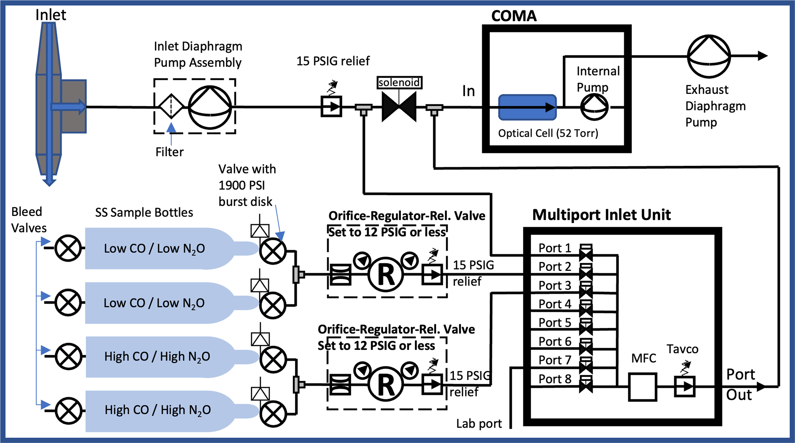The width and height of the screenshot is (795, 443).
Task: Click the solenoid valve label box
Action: click(x=399, y=82)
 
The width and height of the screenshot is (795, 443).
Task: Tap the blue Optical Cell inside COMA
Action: click(x=527, y=107)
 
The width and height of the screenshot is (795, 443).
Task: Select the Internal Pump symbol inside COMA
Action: click(x=594, y=107)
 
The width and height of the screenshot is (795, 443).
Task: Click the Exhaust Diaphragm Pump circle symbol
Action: click(x=708, y=56)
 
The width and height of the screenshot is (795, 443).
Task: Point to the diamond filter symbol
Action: click(x=171, y=107)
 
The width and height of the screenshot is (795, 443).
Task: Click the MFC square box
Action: click(x=642, y=386)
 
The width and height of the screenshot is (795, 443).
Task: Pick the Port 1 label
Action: click(x=555, y=248)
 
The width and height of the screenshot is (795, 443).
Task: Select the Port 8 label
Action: click(x=555, y=379)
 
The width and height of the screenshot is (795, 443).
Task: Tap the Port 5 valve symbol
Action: click(x=586, y=326)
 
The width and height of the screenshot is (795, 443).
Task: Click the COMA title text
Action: click(x=514, y=16)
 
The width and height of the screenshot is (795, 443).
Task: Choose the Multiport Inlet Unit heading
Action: click(x=601, y=215)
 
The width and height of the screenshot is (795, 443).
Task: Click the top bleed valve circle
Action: click(x=68, y=248)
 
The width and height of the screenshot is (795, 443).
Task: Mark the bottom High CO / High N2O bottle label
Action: click(x=158, y=410)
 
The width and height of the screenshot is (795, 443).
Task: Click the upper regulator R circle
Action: click(x=386, y=274)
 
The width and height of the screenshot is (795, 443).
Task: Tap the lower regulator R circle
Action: click(x=386, y=384)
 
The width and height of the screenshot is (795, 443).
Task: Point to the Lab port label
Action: click(x=479, y=424)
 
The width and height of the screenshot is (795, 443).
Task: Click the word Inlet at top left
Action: click(x=50, y=15)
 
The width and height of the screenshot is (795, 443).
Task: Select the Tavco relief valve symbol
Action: click(x=685, y=386)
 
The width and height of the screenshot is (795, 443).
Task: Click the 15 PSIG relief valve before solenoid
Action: click(x=331, y=107)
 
